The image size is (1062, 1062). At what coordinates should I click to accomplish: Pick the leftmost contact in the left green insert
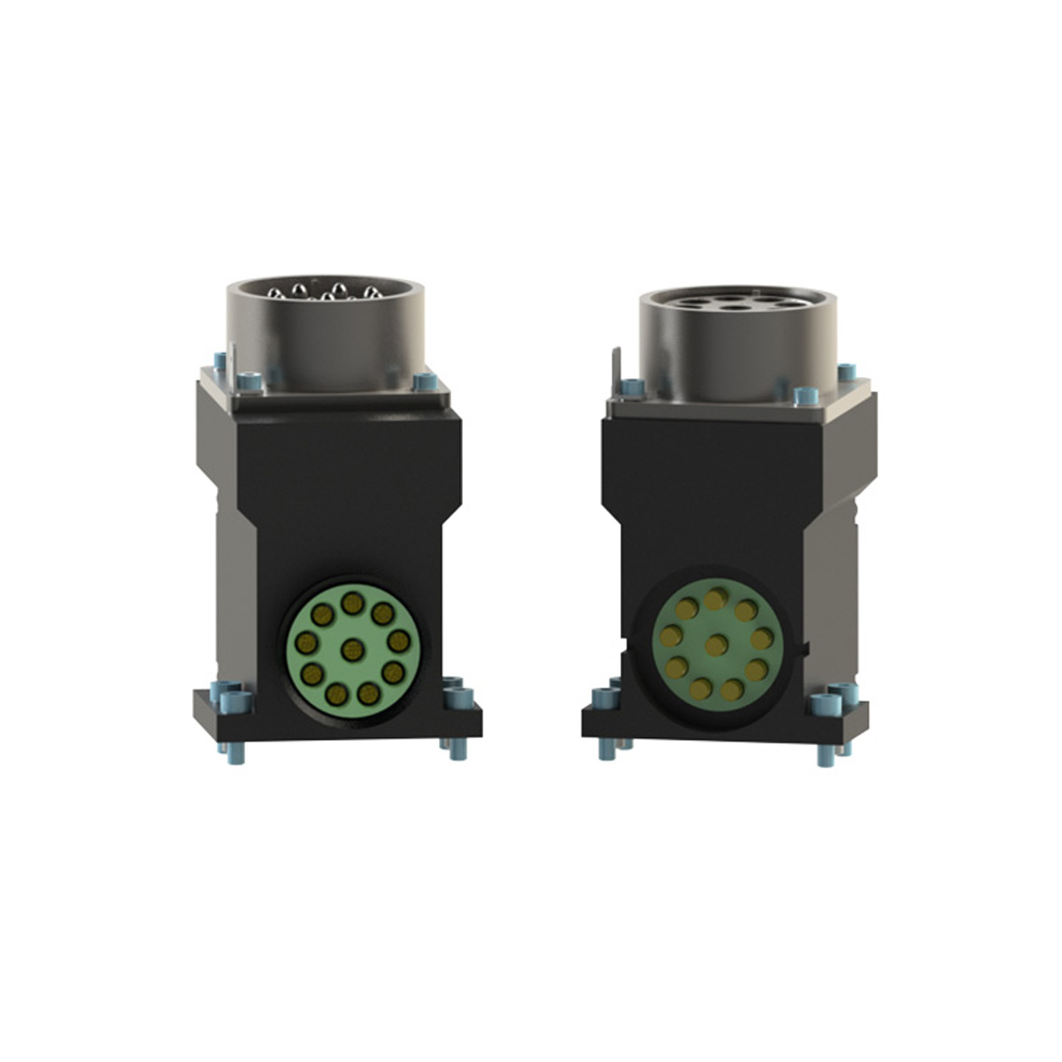point(305,642)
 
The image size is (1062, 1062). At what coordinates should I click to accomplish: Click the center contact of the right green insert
point(717,644)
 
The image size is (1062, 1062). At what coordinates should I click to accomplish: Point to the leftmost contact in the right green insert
point(672,634)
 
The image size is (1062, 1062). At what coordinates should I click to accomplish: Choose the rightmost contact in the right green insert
point(762,638)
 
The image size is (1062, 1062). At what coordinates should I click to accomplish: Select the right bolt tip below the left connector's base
point(458,750)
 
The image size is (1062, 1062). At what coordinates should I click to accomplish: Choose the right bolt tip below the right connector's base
point(826,756)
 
